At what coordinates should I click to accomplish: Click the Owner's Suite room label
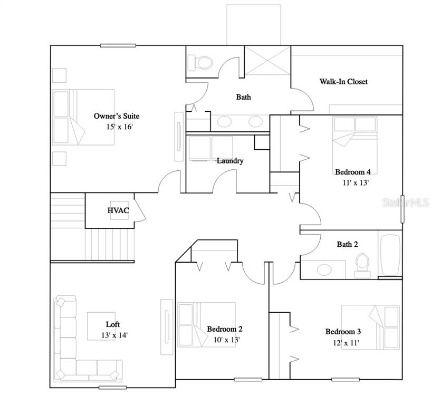[117, 116]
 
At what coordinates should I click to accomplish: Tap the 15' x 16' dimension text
[120, 127]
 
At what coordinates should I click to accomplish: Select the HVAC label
[118, 210]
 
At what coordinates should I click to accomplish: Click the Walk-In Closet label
[343, 81]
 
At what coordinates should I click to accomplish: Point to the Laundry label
[230, 161]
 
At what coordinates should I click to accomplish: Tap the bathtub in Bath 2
[390, 255]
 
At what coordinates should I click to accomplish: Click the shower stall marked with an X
[267, 61]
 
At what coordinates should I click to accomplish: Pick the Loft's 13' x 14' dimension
[114, 335]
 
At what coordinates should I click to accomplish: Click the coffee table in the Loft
[101, 326]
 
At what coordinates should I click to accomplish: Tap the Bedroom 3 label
[343, 332]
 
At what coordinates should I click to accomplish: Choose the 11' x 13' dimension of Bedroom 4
[356, 182]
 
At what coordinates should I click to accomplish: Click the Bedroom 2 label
[225, 329]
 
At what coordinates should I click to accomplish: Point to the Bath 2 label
[348, 244]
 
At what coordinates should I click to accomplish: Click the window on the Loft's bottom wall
[113, 388]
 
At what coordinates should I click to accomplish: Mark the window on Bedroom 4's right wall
[403, 209]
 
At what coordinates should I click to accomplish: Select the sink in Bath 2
[324, 269]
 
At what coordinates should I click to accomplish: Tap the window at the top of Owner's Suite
[118, 45]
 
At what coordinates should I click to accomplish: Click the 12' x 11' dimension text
[346, 343]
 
